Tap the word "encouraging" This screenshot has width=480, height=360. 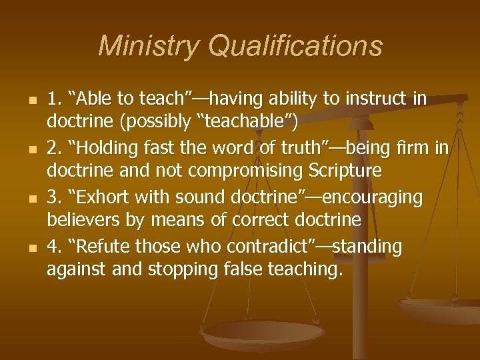381,197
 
